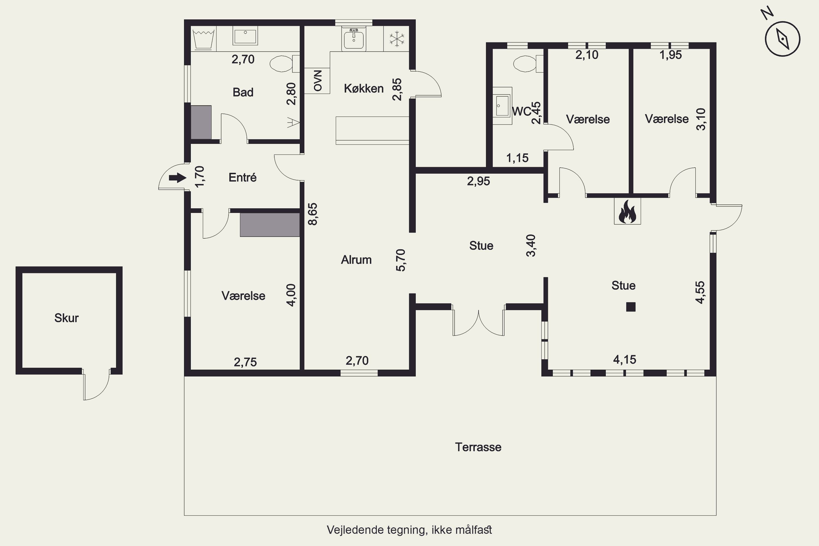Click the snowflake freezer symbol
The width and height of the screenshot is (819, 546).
tap(397, 39)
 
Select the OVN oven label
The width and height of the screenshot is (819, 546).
tap(317, 81)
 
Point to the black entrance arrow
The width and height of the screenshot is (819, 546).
tap(178, 178)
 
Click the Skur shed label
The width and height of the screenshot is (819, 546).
tap(67, 318)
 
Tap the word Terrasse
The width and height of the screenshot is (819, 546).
tap(478, 447)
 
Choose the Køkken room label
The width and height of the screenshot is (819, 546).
tap(364, 88)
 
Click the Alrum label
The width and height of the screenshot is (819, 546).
tap(356, 260)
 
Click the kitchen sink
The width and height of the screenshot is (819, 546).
tap(354, 39)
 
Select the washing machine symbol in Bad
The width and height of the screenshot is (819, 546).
tap(203, 39)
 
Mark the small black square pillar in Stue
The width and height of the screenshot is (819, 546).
tap(631, 307)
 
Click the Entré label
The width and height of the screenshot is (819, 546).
tap(242, 178)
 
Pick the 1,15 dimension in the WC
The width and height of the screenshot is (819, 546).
tap(517, 158)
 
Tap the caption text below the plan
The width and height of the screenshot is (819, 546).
tap(409, 530)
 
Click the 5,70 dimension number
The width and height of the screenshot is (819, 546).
tap(400, 260)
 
